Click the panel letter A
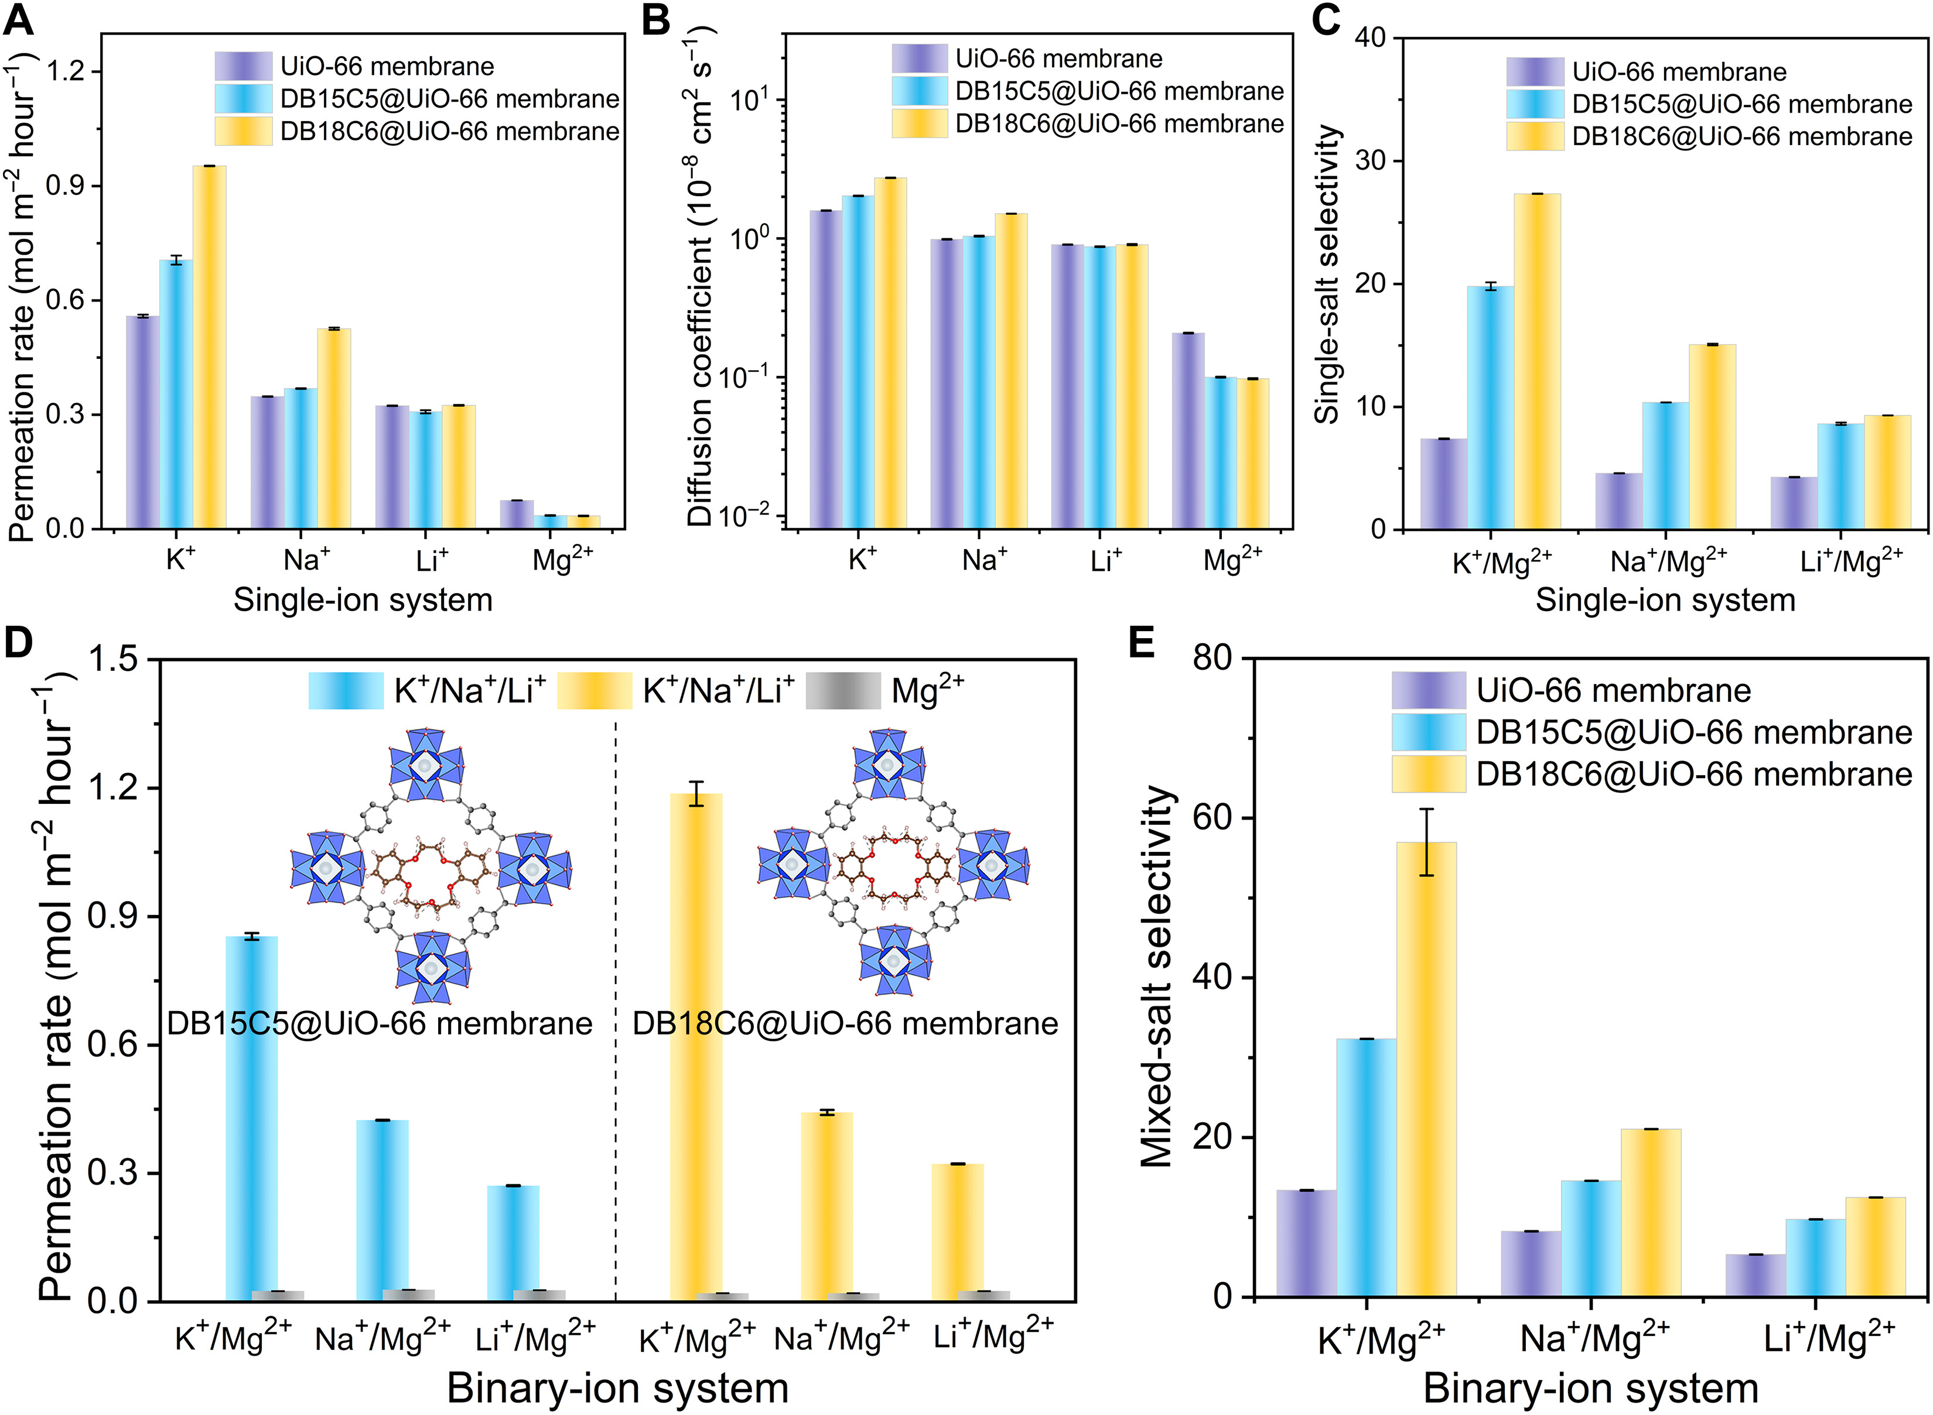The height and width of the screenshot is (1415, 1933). coord(19,19)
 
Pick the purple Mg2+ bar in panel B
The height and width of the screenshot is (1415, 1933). coord(1187,429)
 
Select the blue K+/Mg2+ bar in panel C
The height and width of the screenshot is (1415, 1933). coord(1490,407)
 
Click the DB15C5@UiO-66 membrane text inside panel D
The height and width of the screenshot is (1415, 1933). coord(380,1023)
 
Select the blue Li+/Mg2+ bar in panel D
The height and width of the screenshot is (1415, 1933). coord(513,1242)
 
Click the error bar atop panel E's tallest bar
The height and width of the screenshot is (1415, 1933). coord(1426,841)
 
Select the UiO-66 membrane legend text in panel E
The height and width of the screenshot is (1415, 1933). coord(1613,690)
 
